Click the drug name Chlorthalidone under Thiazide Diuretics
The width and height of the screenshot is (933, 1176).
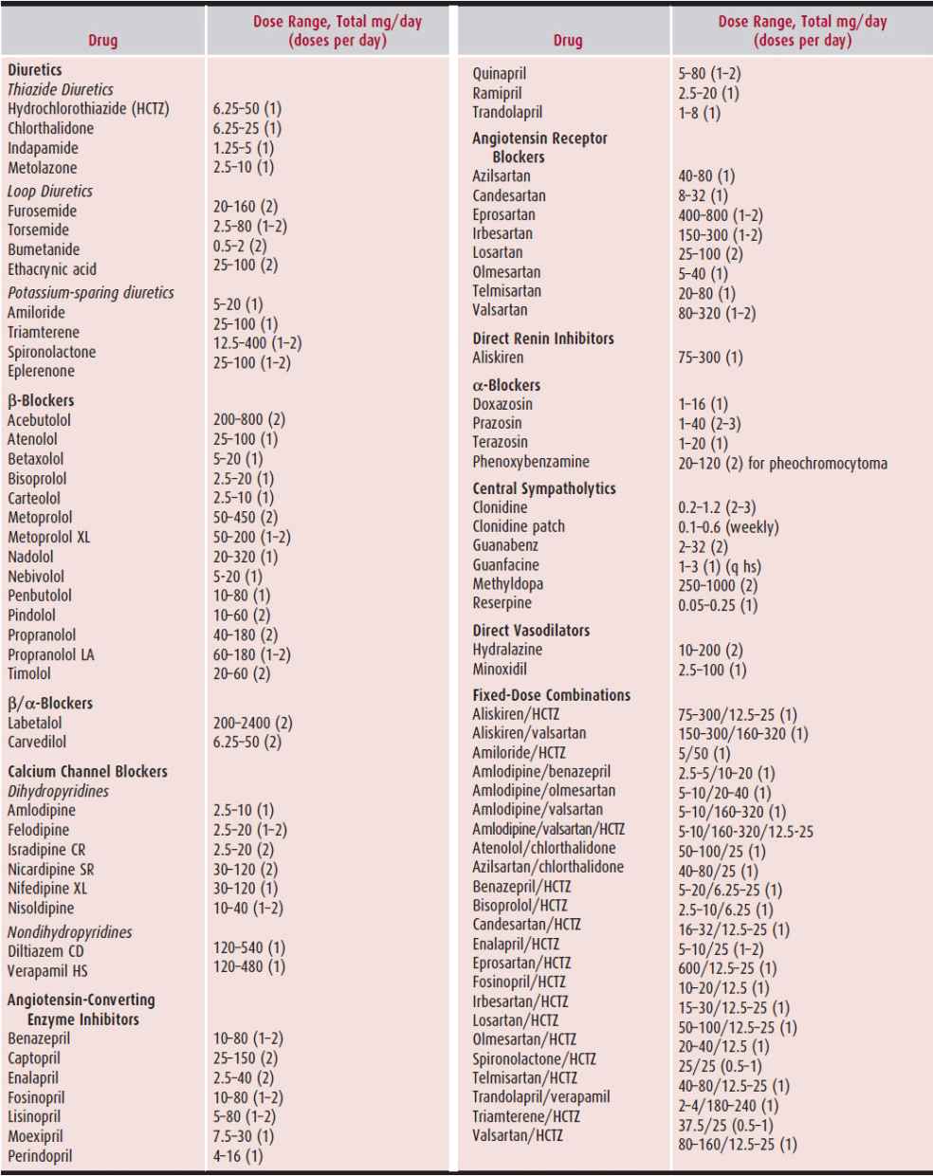(x=50, y=128)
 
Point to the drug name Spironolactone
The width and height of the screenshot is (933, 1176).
(x=51, y=352)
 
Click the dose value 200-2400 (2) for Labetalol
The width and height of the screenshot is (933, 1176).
(x=252, y=723)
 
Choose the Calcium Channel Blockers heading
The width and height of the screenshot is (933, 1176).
(x=87, y=771)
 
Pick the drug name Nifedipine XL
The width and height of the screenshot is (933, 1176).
(x=47, y=889)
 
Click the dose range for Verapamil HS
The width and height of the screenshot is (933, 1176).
(x=248, y=966)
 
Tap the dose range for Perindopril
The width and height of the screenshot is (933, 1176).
(x=238, y=1155)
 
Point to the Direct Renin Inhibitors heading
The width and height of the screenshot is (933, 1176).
(x=542, y=339)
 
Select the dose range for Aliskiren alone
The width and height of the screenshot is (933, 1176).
(x=710, y=358)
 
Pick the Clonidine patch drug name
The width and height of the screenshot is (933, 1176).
(x=518, y=526)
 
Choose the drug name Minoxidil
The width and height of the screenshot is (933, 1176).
(x=500, y=669)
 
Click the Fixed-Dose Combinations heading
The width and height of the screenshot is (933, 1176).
(x=551, y=695)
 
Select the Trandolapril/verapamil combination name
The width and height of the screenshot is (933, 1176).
(x=540, y=1096)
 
